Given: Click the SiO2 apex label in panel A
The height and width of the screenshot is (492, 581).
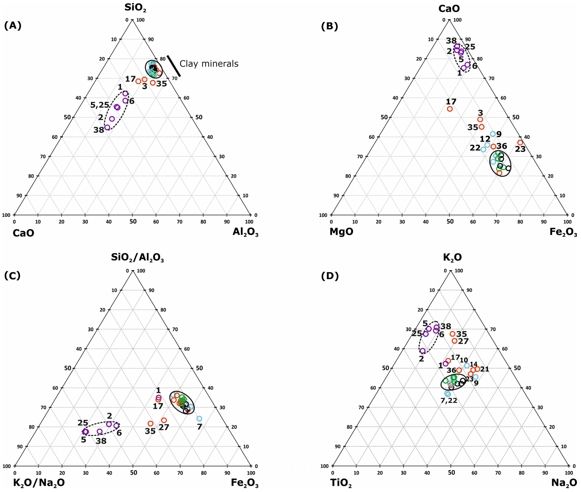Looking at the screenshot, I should tap(135, 8).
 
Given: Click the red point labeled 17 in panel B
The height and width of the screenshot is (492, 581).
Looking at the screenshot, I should tap(450, 109).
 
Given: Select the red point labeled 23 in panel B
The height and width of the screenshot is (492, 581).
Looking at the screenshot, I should tap(520, 142).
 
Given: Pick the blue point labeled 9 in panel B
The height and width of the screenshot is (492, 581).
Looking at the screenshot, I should tap(493, 134).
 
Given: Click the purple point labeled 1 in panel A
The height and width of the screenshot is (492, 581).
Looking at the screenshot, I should tap(125, 93).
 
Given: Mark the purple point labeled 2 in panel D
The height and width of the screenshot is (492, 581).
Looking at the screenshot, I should tap(423, 351).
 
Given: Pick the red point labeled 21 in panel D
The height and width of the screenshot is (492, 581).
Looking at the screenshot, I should tap(477, 369).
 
